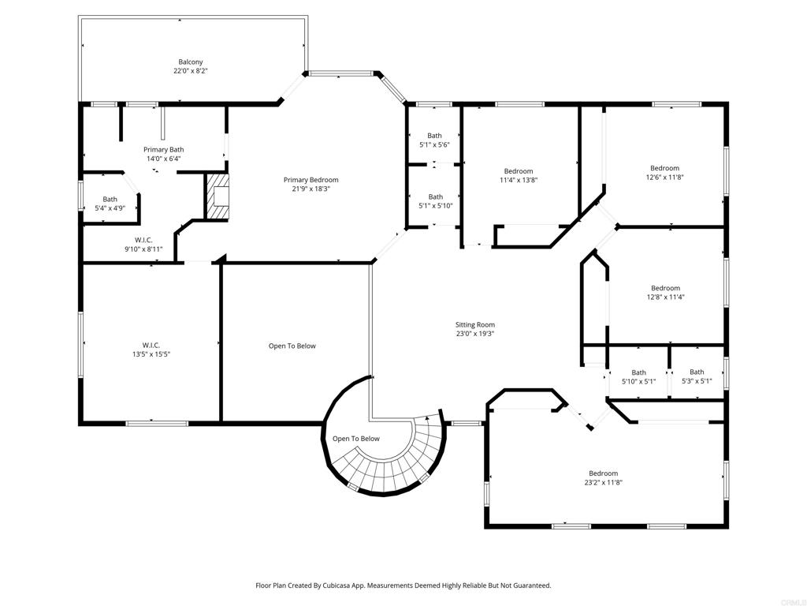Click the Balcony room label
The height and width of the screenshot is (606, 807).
(190, 62)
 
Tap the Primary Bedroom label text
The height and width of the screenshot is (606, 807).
(311, 180)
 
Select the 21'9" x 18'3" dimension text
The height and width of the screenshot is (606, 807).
(311, 189)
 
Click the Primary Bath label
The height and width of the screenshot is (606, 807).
(163, 149)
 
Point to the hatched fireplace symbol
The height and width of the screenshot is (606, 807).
(217, 196)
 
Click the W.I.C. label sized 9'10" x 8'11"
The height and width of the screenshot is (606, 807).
(143, 240)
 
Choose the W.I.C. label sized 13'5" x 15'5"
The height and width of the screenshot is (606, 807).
(151, 345)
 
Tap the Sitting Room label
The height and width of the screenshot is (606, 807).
(474, 324)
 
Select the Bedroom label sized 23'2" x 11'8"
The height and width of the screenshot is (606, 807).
(603, 473)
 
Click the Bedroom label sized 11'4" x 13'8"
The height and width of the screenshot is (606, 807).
(519, 171)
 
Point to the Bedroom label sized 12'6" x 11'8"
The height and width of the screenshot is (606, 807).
(664, 168)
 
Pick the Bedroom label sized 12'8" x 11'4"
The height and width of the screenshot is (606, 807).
(665, 288)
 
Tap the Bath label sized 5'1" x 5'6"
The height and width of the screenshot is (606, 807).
(435, 136)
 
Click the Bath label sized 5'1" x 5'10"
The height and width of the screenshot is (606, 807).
(435, 196)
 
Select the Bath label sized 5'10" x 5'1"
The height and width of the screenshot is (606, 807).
(638, 372)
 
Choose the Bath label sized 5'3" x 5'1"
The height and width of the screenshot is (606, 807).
(697, 372)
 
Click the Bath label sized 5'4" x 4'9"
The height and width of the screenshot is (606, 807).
(110, 199)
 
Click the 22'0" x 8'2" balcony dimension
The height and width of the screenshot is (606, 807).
(190, 71)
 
